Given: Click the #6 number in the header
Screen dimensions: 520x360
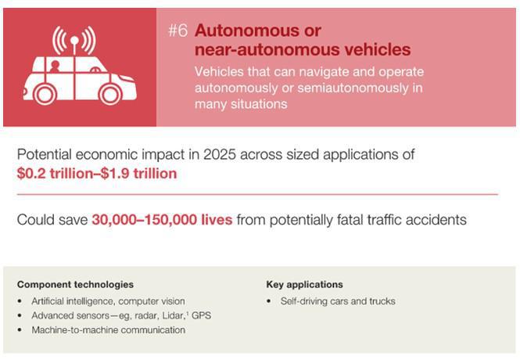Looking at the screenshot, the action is (x=178, y=31).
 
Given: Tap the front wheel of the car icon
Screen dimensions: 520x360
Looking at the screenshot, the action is (x=111, y=94).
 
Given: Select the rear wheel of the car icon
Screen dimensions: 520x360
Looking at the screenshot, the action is (x=45, y=94).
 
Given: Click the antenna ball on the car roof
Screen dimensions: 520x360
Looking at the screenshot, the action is (x=74, y=41).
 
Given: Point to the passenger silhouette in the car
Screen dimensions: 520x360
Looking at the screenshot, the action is (x=55, y=67).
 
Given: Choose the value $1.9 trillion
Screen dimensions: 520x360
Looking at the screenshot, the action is (x=138, y=174).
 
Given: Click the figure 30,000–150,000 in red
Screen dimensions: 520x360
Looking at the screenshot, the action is (x=144, y=220).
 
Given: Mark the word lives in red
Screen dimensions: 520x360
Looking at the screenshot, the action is (x=217, y=220).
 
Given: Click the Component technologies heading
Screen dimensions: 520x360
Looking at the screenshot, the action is (x=75, y=284).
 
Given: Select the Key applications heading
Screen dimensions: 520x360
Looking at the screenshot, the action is (x=304, y=284).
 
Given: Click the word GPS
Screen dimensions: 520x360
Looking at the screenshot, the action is (x=201, y=315).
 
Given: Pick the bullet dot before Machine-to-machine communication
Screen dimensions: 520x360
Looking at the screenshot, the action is (x=20, y=329).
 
